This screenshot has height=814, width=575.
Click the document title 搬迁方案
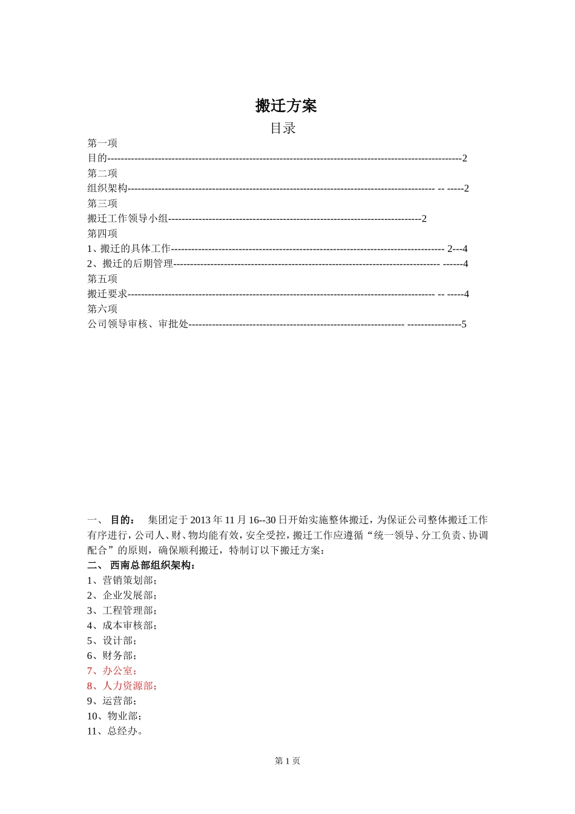tap(286, 106)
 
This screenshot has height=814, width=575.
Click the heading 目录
tap(283, 128)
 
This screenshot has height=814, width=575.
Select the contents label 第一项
tap(102, 143)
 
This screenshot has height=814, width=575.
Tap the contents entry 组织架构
tap(107, 188)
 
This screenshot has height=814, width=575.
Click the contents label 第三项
tap(102, 203)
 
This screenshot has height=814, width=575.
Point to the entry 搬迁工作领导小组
tap(128, 219)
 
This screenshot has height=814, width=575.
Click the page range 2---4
tap(457, 249)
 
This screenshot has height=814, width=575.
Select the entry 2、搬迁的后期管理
tap(130, 264)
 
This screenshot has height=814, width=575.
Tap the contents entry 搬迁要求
tap(107, 294)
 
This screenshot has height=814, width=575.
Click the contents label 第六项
tap(102, 309)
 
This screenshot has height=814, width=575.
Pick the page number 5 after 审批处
tap(464, 324)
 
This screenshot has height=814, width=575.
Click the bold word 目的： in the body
tap(123, 520)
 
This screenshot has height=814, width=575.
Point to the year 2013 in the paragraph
tap(200, 520)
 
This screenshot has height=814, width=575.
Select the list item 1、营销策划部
tap(122, 580)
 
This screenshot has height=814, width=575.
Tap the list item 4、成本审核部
tap(122, 626)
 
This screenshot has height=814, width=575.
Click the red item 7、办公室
tap(112, 670)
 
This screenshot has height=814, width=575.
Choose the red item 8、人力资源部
tap(122, 686)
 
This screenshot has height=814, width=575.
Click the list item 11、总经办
tap(115, 731)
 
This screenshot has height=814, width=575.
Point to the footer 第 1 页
tap(287, 761)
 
